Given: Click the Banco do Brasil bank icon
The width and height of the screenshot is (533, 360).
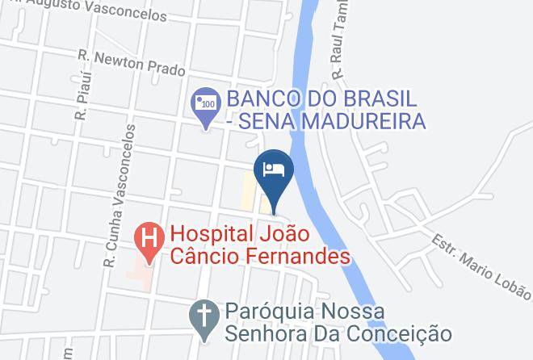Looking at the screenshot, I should click(x=207, y=103).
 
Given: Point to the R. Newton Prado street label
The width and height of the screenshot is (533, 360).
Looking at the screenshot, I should click(x=132, y=65).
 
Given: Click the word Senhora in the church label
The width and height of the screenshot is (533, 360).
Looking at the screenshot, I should click(x=261, y=333).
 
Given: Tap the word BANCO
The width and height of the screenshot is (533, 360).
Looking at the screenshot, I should click(x=259, y=99).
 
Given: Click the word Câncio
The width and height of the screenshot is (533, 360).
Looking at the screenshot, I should click(x=203, y=257).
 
